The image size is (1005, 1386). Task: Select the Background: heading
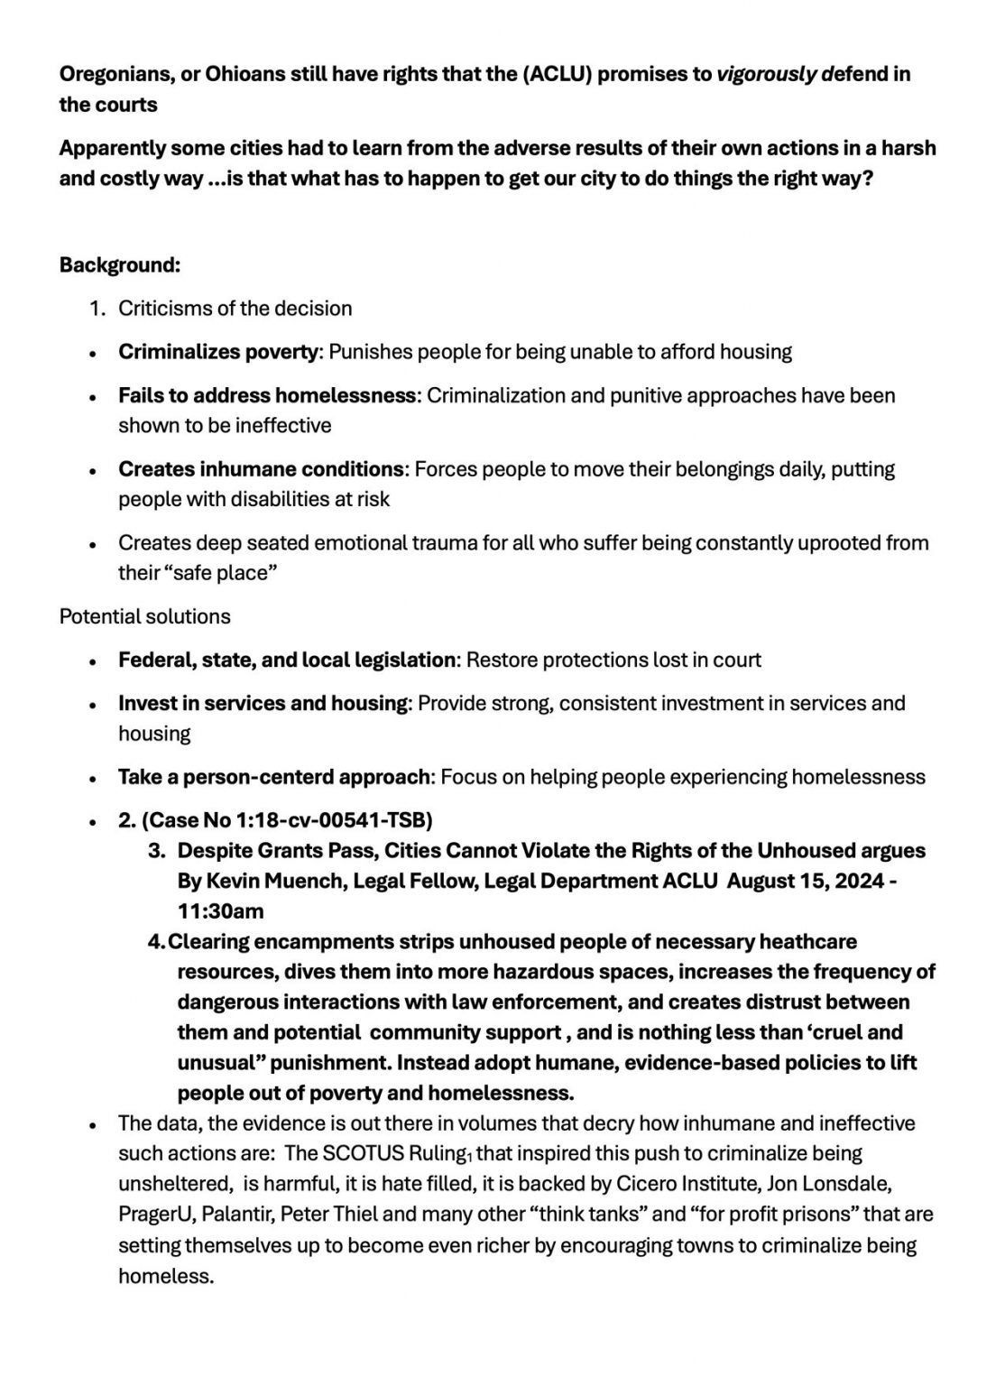click(x=120, y=265)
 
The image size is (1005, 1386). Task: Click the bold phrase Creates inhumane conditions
click(x=261, y=469)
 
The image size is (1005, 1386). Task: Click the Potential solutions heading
click(x=144, y=616)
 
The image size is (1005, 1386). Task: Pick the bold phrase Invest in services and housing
click(x=263, y=703)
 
